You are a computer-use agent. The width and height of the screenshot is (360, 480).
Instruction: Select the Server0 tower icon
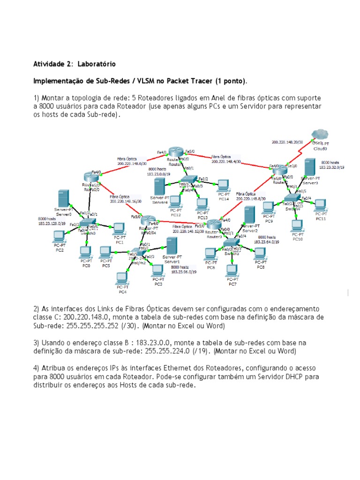tap(64, 198)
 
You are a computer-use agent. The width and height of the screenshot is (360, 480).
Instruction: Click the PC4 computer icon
tap(122, 278)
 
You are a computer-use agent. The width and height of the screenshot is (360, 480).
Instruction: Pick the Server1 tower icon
tap(172, 245)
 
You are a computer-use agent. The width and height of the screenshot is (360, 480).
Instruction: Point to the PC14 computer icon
tap(223, 184)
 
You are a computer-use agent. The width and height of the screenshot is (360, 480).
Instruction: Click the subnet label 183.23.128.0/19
tap(52, 224)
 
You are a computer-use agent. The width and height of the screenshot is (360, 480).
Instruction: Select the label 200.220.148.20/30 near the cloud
tap(287, 141)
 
